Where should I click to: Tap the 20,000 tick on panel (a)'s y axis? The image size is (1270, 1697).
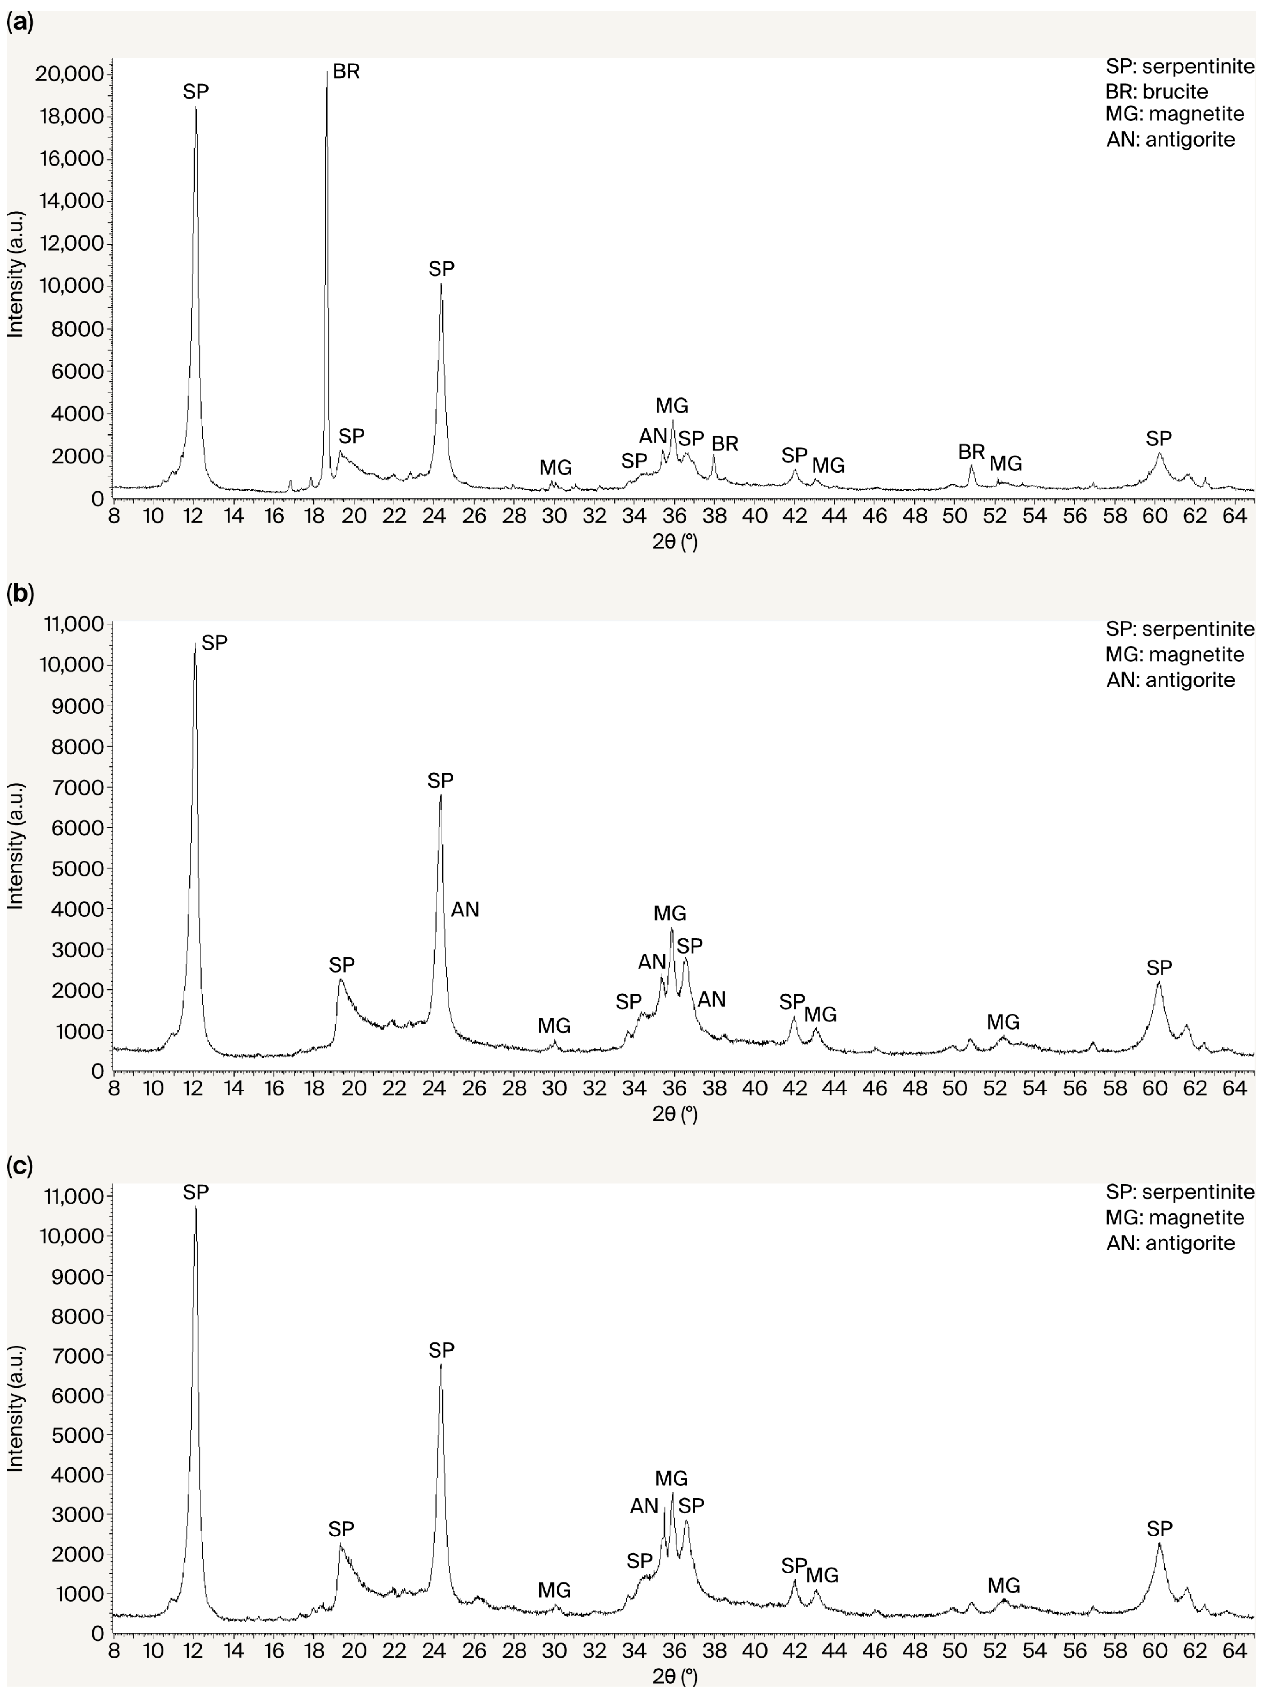[69, 74]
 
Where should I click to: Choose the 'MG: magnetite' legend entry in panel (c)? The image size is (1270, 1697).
[1174, 1217]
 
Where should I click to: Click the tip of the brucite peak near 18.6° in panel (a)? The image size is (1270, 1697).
[327, 71]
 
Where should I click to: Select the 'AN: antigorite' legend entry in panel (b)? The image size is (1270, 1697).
[1170, 680]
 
